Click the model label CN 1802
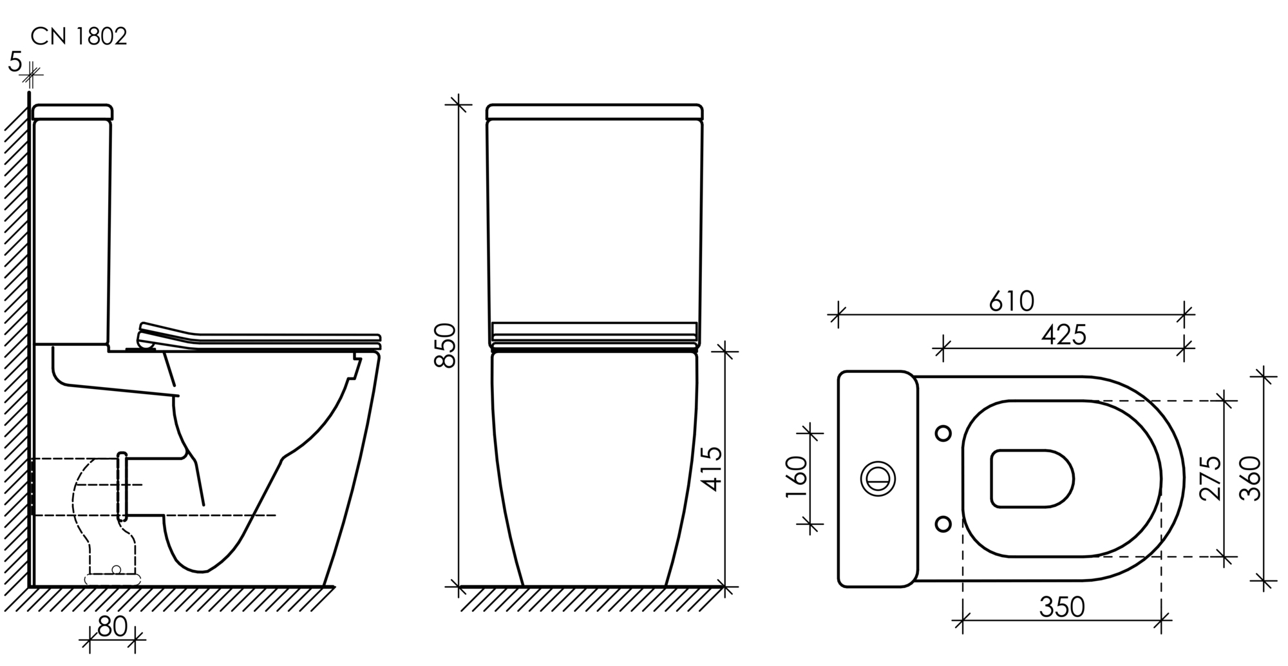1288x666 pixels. (79, 37)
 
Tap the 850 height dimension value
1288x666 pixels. (445, 346)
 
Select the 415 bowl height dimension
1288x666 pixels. (712, 469)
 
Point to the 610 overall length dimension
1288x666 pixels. (1012, 301)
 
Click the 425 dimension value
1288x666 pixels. (1064, 335)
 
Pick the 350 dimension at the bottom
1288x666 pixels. (1062, 607)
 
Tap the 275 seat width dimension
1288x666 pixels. (1211, 478)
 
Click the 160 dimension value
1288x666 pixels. (797, 477)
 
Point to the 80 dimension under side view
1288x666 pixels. (112, 627)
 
